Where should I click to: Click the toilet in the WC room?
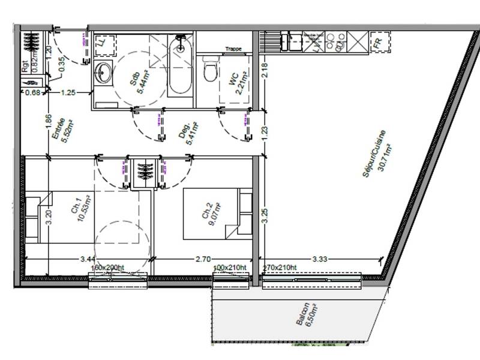[209, 70]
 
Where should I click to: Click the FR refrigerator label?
[378, 43]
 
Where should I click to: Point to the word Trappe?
[233, 49]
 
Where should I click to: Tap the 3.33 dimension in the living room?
[320, 259]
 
